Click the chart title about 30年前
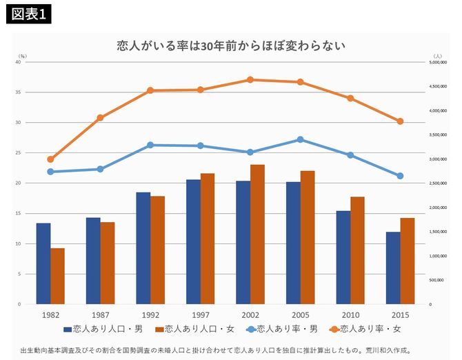(230, 46)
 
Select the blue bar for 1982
(43, 263)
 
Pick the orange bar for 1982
(57, 276)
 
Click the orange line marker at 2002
(250, 80)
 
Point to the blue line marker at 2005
(300, 139)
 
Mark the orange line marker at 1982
(50, 159)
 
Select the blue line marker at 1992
(150, 145)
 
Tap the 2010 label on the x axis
(350, 314)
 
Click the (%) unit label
(23, 55)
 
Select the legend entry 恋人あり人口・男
(104, 329)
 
